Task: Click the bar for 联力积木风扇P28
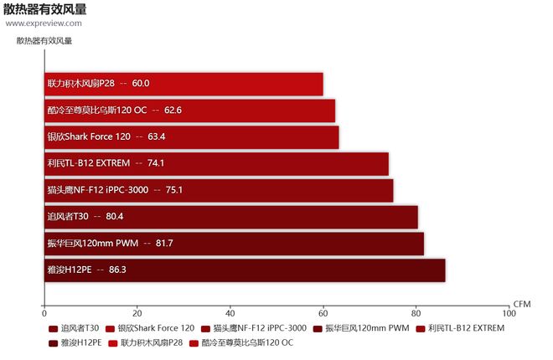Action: tap(183, 84)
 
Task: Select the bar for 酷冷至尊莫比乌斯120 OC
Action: tap(189, 111)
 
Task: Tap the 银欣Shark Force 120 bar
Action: tap(191, 137)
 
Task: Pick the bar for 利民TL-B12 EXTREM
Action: tap(216, 163)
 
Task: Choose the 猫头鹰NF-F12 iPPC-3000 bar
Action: tap(219, 190)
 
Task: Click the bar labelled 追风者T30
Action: tap(230, 217)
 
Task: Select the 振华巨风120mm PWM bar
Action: tap(234, 244)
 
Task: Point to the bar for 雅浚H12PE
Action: tap(245, 270)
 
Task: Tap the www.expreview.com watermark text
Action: tap(44, 23)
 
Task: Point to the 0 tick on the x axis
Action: tap(44, 315)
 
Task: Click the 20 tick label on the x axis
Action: tap(137, 315)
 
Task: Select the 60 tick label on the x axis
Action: tap(323, 315)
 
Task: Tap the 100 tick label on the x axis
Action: tap(509, 315)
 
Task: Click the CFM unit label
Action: tap(522, 303)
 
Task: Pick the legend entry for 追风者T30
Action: tap(80, 328)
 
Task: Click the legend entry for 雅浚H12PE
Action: tap(80, 342)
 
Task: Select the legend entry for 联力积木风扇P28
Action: tap(152, 342)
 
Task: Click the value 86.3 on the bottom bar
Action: tap(117, 270)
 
